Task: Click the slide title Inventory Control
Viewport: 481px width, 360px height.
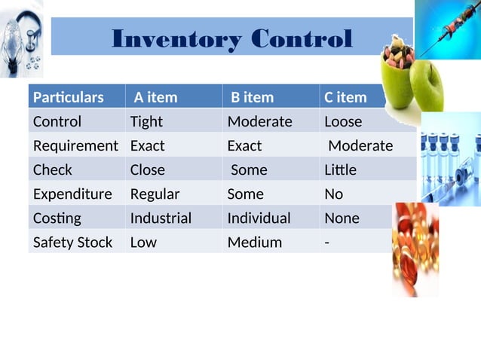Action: [x=231, y=38]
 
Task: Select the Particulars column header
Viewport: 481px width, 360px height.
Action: [x=69, y=97]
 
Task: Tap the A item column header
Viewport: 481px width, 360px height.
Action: [x=155, y=97]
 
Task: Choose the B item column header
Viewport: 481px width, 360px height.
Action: [x=253, y=97]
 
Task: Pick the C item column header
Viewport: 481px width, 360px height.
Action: [x=345, y=97]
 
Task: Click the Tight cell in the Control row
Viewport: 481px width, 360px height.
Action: [x=146, y=121]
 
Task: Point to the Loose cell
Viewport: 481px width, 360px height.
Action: [x=343, y=121]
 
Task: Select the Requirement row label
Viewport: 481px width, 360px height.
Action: [x=75, y=145]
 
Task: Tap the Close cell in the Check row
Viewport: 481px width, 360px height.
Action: [x=147, y=169]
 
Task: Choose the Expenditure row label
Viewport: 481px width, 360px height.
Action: [x=72, y=194]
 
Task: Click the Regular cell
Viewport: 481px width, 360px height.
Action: [x=155, y=194]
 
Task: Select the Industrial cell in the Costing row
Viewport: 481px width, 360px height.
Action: [x=161, y=218]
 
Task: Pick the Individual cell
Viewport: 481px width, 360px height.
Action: [x=259, y=218]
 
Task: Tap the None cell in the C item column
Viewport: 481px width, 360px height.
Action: [x=342, y=218]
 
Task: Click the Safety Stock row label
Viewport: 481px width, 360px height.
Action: [x=72, y=242]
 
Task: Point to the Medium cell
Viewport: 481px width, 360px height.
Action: [x=255, y=242]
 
